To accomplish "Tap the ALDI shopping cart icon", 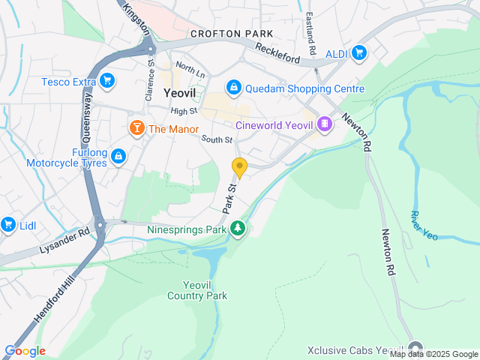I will click(359, 52).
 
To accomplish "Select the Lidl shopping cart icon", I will click(8, 224).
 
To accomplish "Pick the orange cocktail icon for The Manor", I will click(137, 128).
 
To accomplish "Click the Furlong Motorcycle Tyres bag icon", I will click(118, 156).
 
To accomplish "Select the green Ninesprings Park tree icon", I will click(238, 228).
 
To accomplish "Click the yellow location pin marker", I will click(239, 168).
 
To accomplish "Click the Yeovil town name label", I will click(180, 94).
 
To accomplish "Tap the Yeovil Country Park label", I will click(196, 290).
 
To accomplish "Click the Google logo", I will click(25, 351).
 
